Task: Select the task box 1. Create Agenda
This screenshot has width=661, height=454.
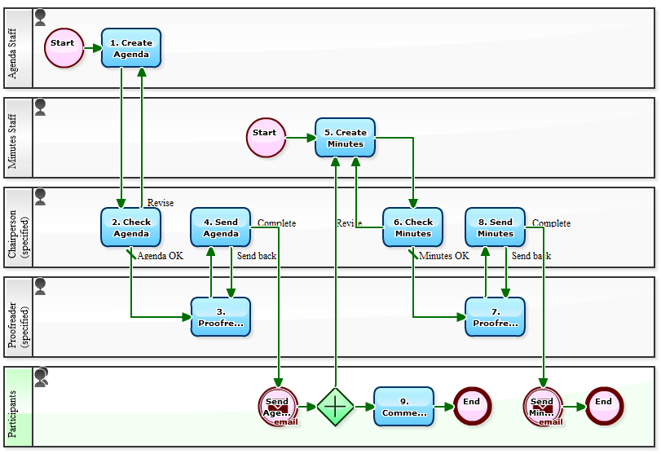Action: pos(131,48)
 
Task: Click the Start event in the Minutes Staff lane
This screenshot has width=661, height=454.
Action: pos(266,137)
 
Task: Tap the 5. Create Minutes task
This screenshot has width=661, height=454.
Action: pos(345,138)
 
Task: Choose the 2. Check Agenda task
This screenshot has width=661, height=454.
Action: pos(130,227)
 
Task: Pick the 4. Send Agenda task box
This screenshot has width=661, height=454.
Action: pos(220,227)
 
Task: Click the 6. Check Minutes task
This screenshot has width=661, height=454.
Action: pos(412,227)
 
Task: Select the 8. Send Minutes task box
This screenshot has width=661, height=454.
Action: pos(495,227)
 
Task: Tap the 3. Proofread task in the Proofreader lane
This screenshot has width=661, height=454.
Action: pos(220,317)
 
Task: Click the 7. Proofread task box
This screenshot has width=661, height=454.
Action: pos(495,317)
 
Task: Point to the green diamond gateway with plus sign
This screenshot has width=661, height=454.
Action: pos(336,406)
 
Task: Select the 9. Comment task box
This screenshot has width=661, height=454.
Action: pos(403,406)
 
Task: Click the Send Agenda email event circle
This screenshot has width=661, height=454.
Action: pos(278,406)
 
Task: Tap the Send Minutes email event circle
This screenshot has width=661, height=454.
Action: pos(543,406)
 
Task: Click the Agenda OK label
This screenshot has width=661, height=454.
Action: pos(160,256)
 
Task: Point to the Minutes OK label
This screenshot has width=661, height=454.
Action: pos(443,256)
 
